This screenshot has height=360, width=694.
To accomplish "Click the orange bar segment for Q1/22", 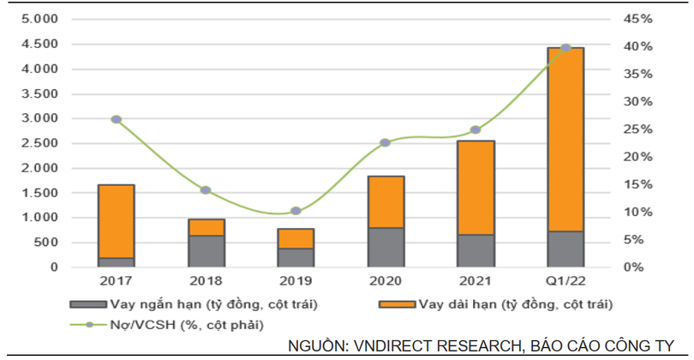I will (x=565, y=139).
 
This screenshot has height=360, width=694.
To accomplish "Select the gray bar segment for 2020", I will (x=386, y=247).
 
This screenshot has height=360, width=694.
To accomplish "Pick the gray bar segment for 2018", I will (x=206, y=250).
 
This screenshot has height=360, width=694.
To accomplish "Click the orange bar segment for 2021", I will (x=476, y=187).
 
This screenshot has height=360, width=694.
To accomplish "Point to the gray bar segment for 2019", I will (x=296, y=257).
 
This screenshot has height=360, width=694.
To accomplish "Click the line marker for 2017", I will (x=116, y=119).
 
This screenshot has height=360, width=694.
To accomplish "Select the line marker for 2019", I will (x=296, y=211).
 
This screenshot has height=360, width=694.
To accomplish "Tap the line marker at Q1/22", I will (x=565, y=48).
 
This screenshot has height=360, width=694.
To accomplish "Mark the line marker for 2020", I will (x=386, y=142).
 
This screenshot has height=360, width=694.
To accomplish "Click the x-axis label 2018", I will (x=206, y=281).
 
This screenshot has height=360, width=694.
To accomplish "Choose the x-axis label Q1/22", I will (x=565, y=281).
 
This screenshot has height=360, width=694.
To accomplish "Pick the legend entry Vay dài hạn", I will (x=506, y=303).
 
